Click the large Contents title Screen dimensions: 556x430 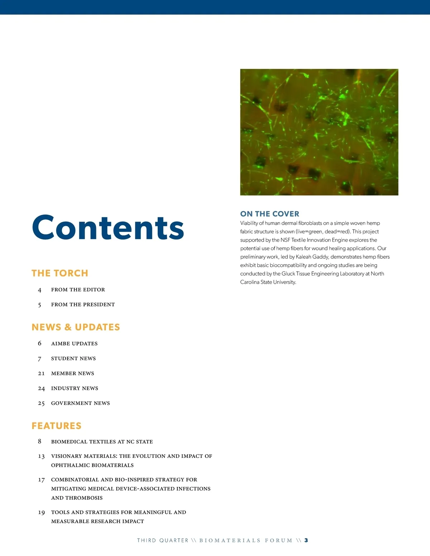coord(108,228)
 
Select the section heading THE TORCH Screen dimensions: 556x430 coord(60,273)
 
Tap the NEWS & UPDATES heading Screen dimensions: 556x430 coord(76,327)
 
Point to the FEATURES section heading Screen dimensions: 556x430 coord(57,426)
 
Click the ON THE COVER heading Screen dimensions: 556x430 coord(269,214)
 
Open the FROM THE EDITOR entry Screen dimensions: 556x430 coord(78,290)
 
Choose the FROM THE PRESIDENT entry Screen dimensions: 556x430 coord(83,305)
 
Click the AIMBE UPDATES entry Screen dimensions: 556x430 coord(74,344)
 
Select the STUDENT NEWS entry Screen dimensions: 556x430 coord(73,358)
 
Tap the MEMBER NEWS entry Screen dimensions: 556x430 coord(72,373)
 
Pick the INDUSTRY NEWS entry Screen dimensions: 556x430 coord(75,388)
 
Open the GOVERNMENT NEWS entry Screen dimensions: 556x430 coord(80,403)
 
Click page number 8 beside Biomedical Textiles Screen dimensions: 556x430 coord(40,441)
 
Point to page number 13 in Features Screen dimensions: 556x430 coord(41,456)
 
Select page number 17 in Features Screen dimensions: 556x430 coord(41,480)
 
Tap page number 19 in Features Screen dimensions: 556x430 coord(41,513)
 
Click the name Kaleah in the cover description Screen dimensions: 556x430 coord(304,257)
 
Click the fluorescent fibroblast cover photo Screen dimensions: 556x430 coord(319,132)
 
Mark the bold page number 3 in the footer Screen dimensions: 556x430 coord(306,540)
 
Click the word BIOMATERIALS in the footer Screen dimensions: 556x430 coord(230,541)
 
